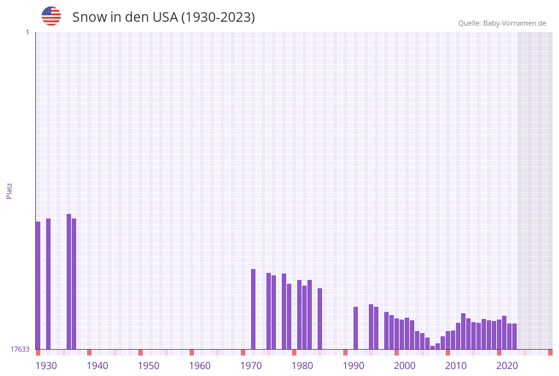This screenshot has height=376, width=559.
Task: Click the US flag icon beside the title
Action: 51,16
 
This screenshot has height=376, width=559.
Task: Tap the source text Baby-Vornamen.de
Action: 514,23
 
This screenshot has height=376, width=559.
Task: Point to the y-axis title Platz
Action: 10,190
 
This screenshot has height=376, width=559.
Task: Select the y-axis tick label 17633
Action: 20,349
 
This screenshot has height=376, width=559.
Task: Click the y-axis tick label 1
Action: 27,32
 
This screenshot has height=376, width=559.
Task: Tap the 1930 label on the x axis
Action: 46,365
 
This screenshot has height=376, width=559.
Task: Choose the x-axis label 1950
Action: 149,365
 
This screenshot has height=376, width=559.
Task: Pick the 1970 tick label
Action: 251,365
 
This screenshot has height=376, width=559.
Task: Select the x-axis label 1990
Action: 353,365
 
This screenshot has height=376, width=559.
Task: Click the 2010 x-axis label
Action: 456,365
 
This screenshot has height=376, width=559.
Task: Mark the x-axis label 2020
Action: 507,365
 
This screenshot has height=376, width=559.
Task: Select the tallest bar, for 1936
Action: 69,281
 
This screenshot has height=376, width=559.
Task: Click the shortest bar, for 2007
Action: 433,347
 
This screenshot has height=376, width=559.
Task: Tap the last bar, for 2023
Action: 515,336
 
